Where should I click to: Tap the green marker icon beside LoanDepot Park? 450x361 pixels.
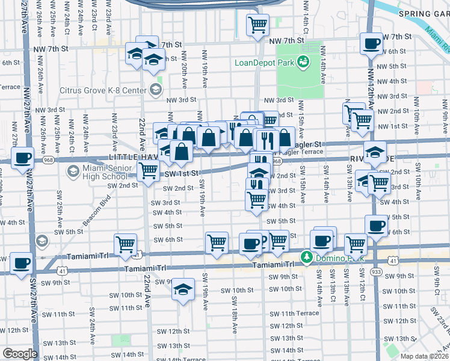[x=303, y=61]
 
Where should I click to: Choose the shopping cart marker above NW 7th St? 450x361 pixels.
[x=257, y=25]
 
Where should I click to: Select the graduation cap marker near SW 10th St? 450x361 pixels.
[x=182, y=289]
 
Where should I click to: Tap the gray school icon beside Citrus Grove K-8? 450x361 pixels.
[x=155, y=90]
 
